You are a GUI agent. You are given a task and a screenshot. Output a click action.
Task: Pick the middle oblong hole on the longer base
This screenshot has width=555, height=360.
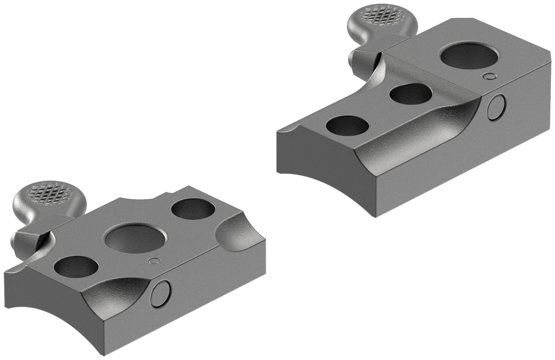coord(410,94)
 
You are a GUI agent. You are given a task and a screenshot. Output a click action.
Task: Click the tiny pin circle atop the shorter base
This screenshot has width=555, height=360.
coord(155,261)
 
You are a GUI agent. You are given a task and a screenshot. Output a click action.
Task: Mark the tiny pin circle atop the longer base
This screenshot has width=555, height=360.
coord(487,77)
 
